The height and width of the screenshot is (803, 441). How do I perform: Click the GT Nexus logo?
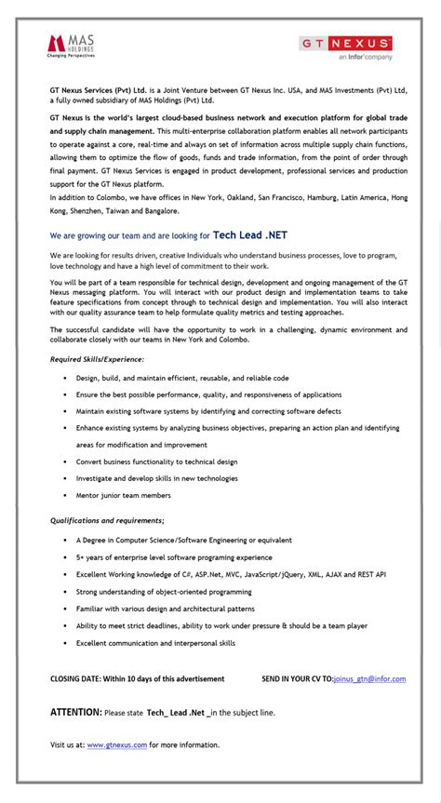coord(345,44)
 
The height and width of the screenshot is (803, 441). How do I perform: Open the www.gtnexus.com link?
coord(117,744)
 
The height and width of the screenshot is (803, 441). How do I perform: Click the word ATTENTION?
coord(75,712)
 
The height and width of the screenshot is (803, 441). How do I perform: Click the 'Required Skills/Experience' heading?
coord(97,358)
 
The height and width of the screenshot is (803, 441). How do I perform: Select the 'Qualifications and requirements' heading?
coord(107,520)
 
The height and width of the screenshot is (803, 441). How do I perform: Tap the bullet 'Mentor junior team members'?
coord(123,495)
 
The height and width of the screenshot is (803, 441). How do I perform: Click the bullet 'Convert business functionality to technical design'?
coord(156,462)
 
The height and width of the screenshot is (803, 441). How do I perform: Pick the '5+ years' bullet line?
coord(174,557)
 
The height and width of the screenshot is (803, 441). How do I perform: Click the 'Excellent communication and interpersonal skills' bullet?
coord(155,643)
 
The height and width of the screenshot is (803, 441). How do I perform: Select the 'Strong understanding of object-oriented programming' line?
coord(164,592)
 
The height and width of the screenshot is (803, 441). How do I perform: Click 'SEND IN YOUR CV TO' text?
coord(296,678)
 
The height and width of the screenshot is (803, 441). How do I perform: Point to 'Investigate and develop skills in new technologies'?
coord(156,478)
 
